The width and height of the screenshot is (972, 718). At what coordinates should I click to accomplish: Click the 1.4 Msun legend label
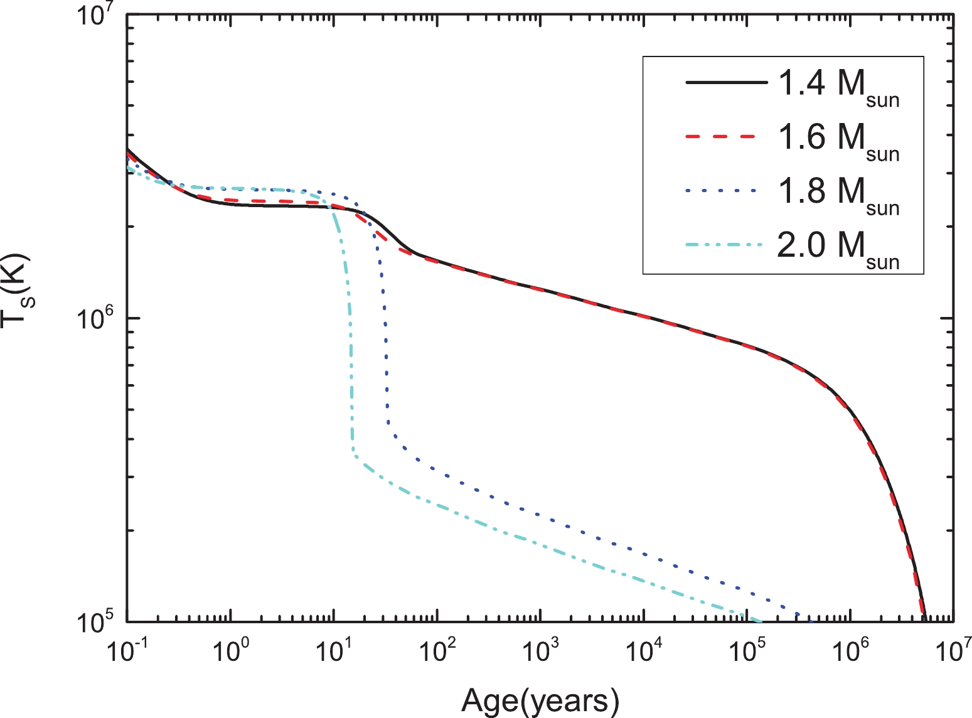[x=838, y=86]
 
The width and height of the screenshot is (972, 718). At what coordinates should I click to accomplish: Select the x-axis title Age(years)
[x=540, y=700]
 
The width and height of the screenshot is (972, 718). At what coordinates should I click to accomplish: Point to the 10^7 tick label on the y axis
[x=95, y=16]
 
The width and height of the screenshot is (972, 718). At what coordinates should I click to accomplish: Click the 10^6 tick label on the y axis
[x=95, y=321]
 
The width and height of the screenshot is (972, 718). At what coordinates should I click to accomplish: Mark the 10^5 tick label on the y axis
[x=95, y=623]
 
